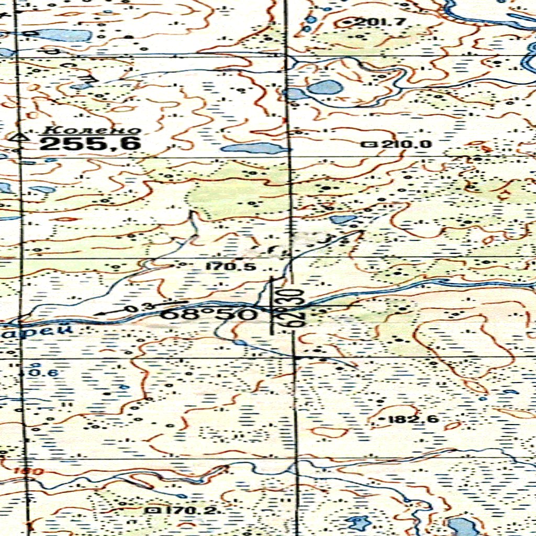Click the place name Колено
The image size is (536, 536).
(92, 130)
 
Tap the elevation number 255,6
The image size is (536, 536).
(90, 143)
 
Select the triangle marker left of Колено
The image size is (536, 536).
(21, 137)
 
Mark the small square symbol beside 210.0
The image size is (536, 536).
(372, 144)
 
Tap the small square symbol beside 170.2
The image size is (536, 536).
(154, 509)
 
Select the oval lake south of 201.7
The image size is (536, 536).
(325, 87)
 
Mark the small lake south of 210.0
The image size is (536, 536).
(343, 219)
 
